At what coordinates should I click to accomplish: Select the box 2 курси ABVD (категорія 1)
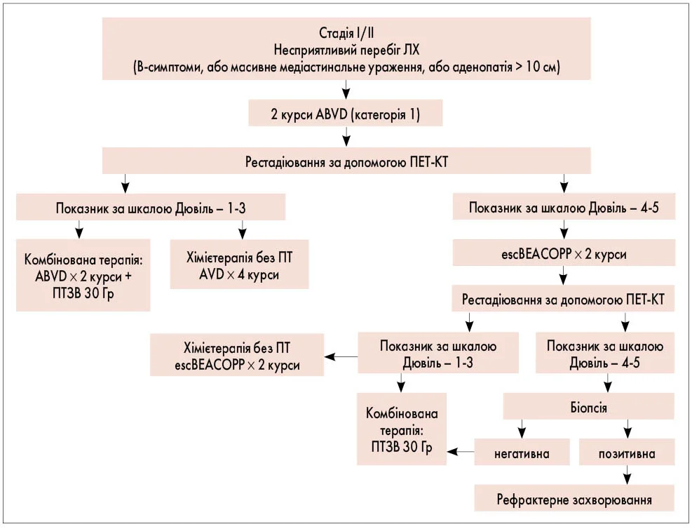(345, 113)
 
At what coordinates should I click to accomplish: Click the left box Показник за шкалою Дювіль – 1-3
(151, 208)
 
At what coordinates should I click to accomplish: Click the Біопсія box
(589, 406)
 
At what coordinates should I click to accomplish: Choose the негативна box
(522, 453)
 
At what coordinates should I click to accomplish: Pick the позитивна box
(627, 453)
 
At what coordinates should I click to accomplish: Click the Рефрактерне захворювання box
(574, 500)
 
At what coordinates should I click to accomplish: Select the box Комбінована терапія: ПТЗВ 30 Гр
(402, 429)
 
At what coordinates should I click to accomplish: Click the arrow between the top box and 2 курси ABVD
(345, 88)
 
